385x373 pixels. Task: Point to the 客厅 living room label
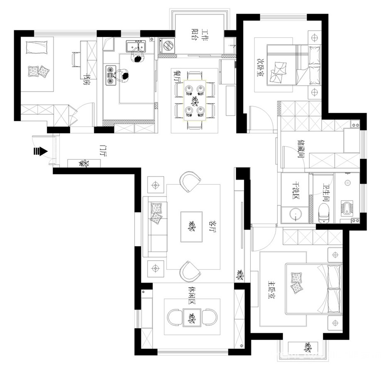(212, 226)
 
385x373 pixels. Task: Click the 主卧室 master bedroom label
(272, 290)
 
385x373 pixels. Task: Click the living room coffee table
(191, 227)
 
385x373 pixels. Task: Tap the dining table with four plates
(195, 100)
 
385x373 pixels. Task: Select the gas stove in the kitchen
(111, 75)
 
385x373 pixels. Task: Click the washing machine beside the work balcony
(167, 46)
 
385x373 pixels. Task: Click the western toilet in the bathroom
(324, 213)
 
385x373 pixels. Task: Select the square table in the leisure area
(192, 317)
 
